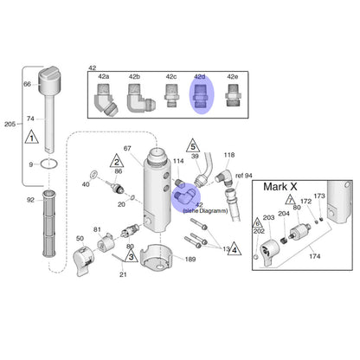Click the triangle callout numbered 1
pos(32,137)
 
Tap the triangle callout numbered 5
pos(193,145)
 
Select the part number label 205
pos(10,124)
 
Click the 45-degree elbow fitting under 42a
pos(104,100)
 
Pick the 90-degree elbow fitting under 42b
pos(139,99)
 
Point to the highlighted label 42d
pos(200,77)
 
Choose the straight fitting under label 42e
pos(232,95)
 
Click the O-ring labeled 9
pos(49,164)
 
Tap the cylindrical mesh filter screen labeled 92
pos(49,224)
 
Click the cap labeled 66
pos(49,80)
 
